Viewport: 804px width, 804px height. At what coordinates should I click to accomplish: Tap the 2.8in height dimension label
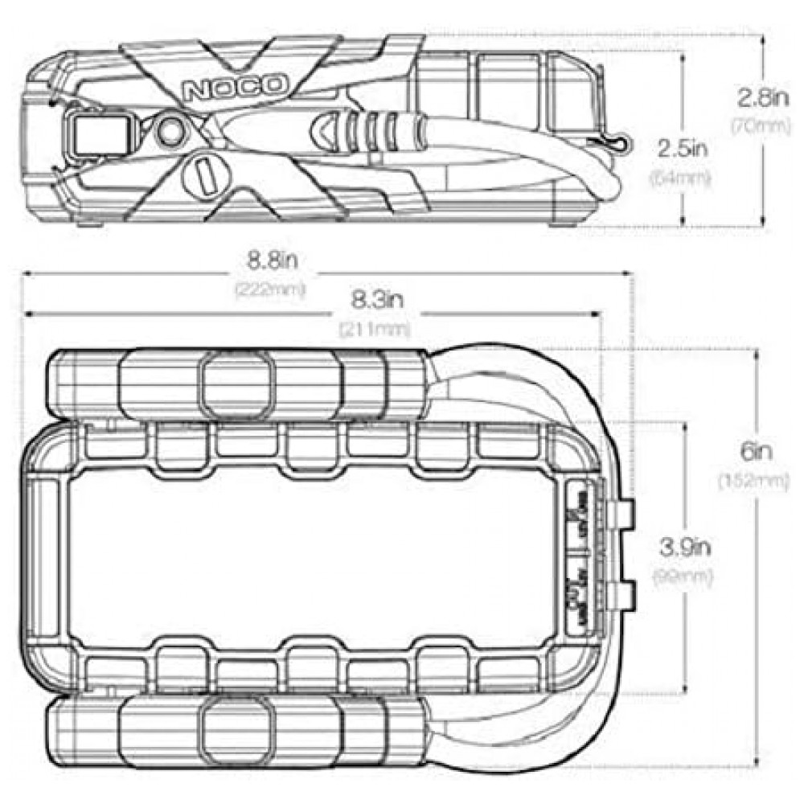[764, 98]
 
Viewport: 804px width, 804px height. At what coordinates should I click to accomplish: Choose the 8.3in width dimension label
[375, 301]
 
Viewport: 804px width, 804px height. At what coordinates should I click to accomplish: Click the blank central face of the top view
[314, 555]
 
